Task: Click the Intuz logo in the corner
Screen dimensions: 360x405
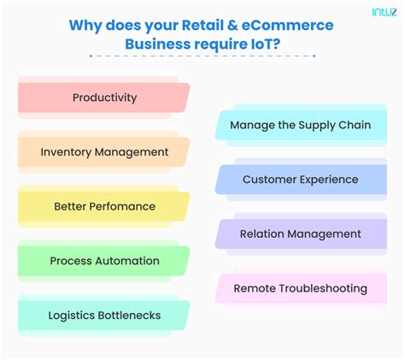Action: [384, 13]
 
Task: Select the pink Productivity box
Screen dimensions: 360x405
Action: [104, 97]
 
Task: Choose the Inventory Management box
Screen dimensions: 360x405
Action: [104, 152]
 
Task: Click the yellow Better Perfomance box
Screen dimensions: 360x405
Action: [104, 206]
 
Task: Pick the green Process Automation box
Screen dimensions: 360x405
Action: [104, 261]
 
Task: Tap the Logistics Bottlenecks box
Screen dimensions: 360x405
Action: [104, 316]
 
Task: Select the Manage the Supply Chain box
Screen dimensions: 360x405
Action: [300, 125]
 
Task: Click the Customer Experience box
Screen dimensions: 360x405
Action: [300, 180]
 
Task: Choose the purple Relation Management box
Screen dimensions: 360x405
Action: [300, 233]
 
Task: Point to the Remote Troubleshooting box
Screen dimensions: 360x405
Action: [300, 288]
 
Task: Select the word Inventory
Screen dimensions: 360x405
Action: [66, 152]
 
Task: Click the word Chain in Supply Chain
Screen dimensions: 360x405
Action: [354, 125]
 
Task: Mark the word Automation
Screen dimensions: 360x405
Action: [127, 261]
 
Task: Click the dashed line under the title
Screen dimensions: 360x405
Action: [202, 56]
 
